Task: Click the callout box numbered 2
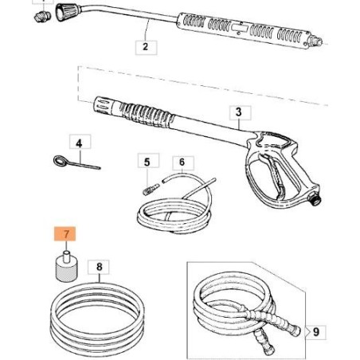[x=144, y=47]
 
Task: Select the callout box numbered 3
[x=240, y=112]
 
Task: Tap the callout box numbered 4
[x=79, y=143]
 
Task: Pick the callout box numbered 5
[x=147, y=162]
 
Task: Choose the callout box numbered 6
[x=182, y=162]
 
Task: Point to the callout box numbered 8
[x=98, y=268]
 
